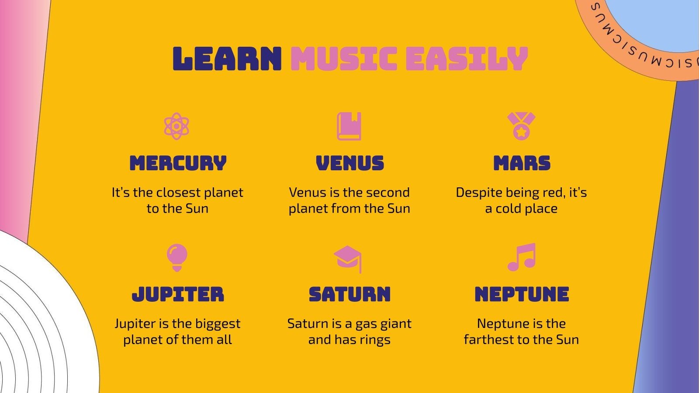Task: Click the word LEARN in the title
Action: click(227, 59)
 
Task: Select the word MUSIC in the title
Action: click(343, 59)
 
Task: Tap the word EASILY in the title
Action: click(467, 59)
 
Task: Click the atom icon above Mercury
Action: click(176, 126)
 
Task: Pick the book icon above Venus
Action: click(349, 126)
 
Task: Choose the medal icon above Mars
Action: click(521, 126)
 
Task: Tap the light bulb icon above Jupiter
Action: click(177, 257)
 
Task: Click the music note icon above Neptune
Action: click(522, 257)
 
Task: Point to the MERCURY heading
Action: click(178, 163)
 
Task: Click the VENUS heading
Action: click(349, 163)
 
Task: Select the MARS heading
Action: click(522, 163)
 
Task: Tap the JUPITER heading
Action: click(178, 294)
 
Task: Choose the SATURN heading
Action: click(349, 294)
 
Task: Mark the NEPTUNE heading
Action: click(522, 294)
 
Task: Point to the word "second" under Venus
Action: click(382, 193)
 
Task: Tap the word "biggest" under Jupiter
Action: click(218, 324)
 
